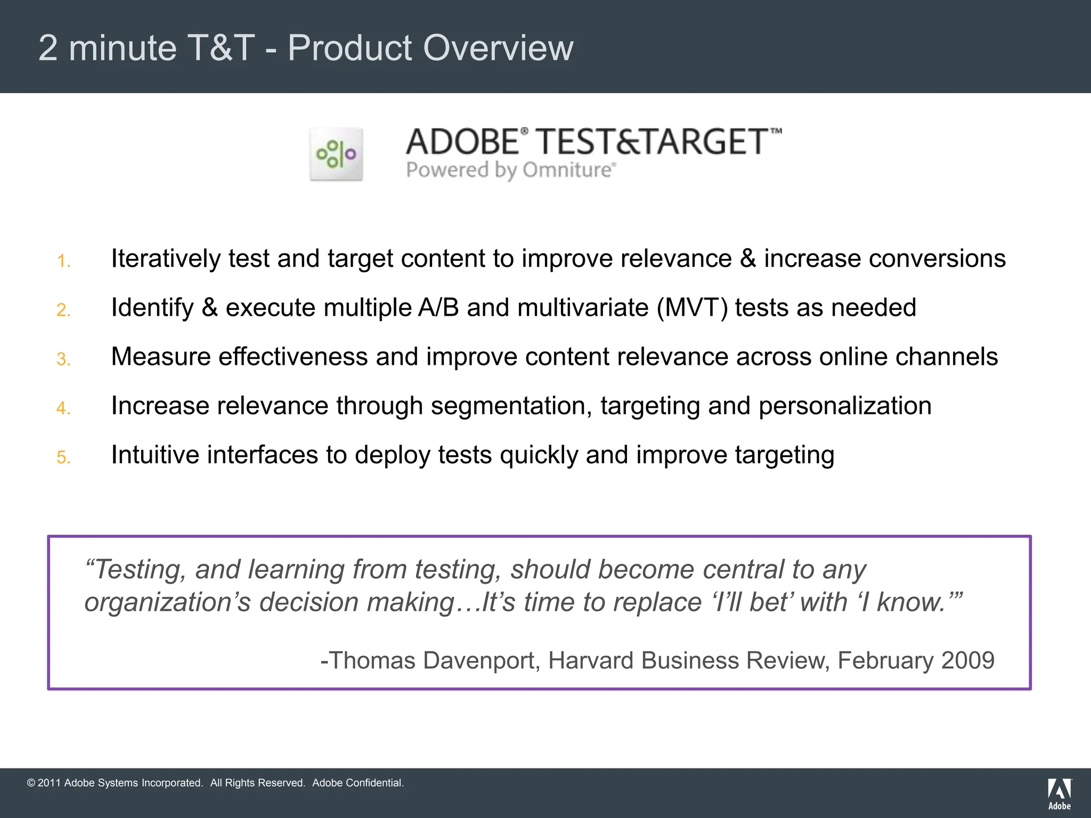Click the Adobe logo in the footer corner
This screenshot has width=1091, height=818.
point(1059,794)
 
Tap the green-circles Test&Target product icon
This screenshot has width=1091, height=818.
point(336,154)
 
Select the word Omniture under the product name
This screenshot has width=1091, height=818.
point(567,170)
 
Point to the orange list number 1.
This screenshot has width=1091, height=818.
point(63,261)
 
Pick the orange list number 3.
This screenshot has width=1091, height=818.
point(63,359)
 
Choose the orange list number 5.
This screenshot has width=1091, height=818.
point(63,457)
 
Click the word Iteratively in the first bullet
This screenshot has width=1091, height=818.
point(165,259)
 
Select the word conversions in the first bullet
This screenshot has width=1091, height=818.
point(937,259)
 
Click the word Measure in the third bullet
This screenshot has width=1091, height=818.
point(160,357)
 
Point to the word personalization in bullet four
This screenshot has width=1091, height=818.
point(845,406)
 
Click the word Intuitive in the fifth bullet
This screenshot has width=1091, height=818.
point(154,455)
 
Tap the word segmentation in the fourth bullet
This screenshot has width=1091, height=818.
point(511,406)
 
